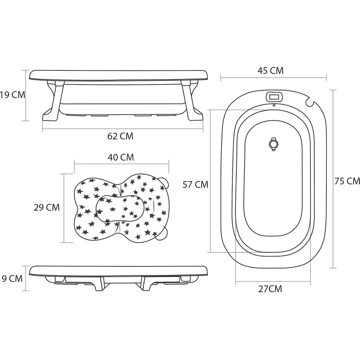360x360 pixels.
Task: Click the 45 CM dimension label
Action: (x=271, y=71)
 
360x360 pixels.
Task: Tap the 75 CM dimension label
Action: (x=347, y=181)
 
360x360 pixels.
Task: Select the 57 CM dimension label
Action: (x=195, y=185)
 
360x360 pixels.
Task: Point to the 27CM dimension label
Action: (x=270, y=289)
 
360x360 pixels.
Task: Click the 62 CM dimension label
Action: (x=120, y=136)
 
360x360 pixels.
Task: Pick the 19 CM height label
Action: (x=12, y=95)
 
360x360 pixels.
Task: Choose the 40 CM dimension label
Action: (x=121, y=157)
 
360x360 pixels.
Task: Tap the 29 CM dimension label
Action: (x=47, y=207)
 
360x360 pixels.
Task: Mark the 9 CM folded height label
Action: (x=12, y=279)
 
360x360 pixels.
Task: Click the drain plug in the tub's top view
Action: (x=273, y=144)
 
